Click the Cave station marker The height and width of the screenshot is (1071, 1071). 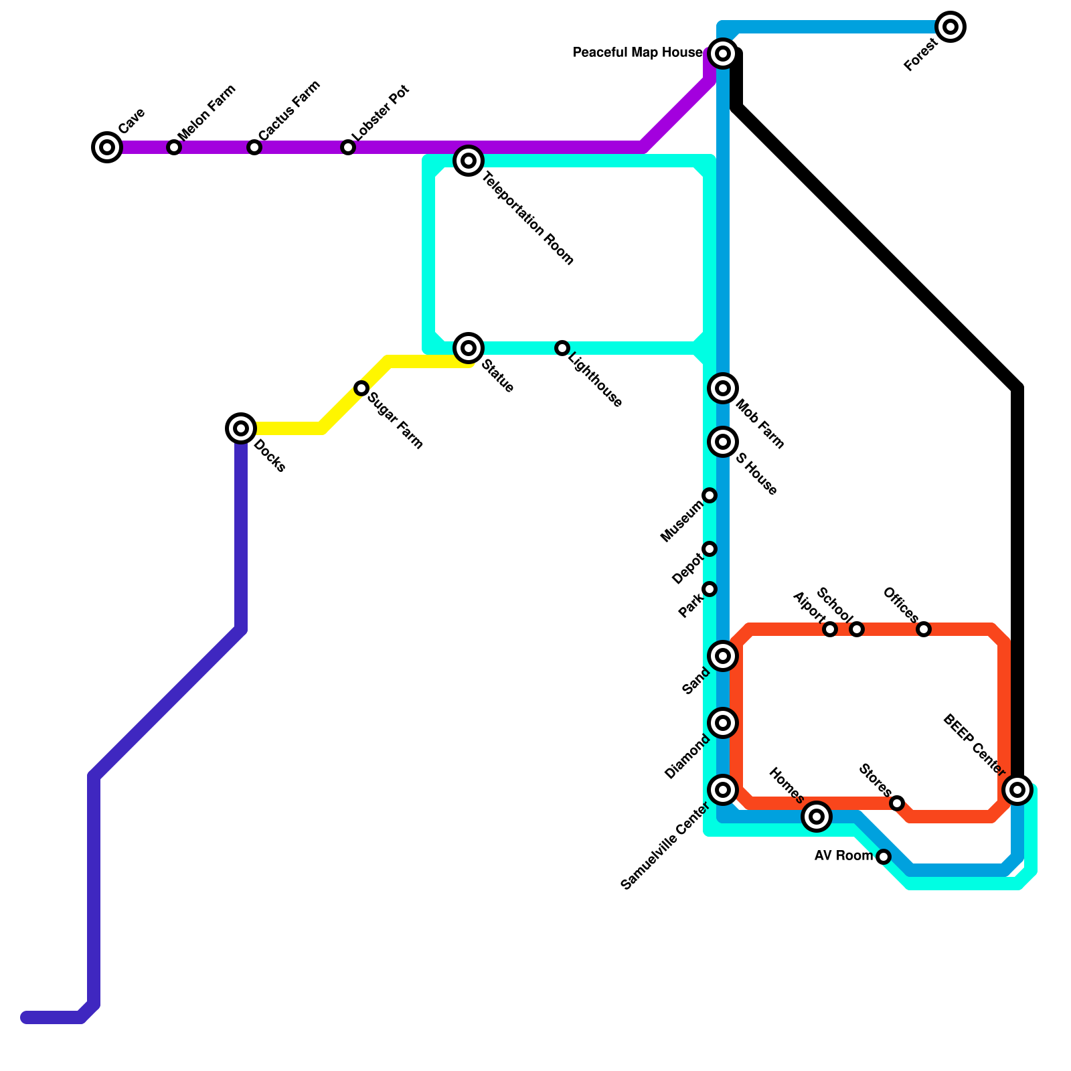tap(107, 147)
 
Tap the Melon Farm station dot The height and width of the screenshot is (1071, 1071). tap(174, 147)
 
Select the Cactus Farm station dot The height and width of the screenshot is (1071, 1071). tap(254, 147)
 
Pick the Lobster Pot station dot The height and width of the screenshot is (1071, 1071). tap(348, 147)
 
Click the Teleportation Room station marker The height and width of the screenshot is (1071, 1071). tap(469, 161)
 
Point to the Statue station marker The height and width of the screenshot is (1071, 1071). tap(469, 348)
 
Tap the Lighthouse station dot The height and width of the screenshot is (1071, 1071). tap(562, 348)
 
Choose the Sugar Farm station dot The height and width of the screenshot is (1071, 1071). tap(361, 388)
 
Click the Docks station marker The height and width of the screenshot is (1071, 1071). tap(241, 428)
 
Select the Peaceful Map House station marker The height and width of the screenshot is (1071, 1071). tap(723, 54)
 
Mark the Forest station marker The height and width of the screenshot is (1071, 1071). tap(951, 27)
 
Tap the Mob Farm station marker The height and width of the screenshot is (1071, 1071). tap(723, 388)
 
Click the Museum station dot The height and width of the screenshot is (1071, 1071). tap(710, 495)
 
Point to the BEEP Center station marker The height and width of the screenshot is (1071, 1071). tap(1017, 790)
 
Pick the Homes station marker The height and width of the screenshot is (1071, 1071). tap(817, 817)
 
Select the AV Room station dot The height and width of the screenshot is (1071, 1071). tap(884, 857)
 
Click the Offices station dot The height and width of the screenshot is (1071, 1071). tap(924, 629)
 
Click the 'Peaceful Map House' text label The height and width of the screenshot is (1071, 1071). tap(638, 53)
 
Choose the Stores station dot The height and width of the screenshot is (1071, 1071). tap(897, 803)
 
